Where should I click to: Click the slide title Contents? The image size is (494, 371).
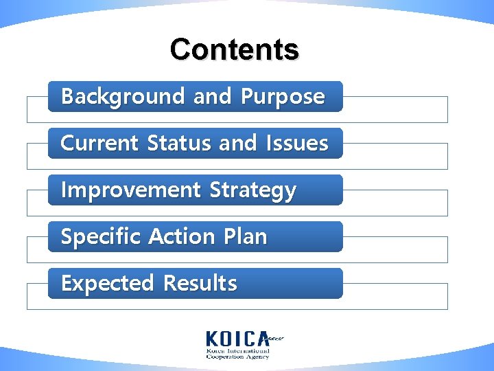[x=234, y=49]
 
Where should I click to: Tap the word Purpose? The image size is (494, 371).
[x=283, y=97]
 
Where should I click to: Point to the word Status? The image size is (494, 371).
[x=180, y=144]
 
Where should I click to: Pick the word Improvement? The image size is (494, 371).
[x=132, y=190]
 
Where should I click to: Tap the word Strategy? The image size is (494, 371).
[x=253, y=190]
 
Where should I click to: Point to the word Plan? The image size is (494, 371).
[x=245, y=237]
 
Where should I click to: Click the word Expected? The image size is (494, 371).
[x=107, y=284]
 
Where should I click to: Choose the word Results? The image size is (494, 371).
[x=200, y=284]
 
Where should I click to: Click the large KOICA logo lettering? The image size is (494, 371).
[x=238, y=338]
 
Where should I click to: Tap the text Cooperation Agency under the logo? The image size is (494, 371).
[x=238, y=357]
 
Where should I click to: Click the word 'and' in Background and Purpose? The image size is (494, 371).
[x=212, y=97]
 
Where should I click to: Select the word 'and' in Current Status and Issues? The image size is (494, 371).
[x=237, y=144]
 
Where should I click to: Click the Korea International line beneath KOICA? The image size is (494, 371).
[x=238, y=350]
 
